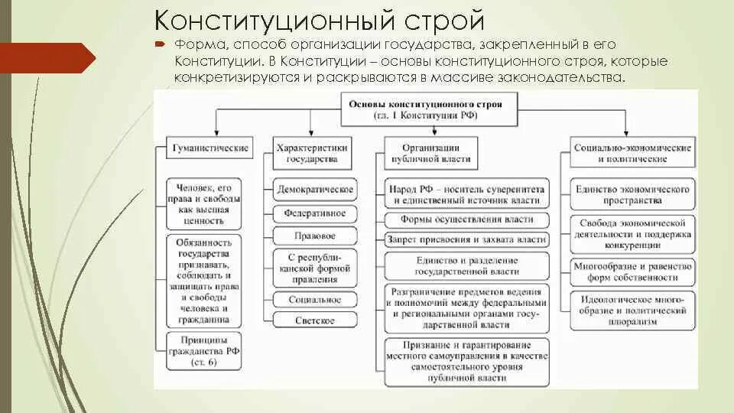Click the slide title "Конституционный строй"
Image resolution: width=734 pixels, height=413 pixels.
[320, 20]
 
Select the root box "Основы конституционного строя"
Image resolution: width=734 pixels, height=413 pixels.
[425, 109]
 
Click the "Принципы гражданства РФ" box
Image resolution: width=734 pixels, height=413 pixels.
[203, 350]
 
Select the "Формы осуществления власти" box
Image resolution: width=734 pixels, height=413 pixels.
[466, 220]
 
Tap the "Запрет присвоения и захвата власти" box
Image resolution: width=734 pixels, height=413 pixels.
[466, 239]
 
